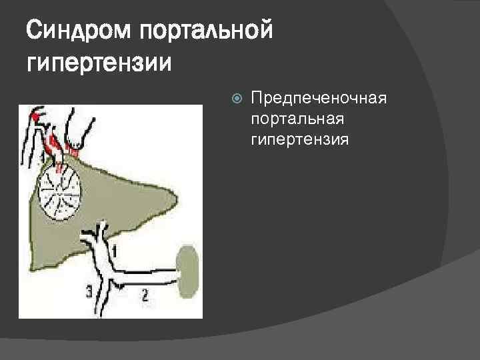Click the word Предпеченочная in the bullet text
[x=319, y=99]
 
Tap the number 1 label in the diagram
[x=115, y=252]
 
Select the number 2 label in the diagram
[x=145, y=294]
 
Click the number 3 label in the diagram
[x=89, y=290]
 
